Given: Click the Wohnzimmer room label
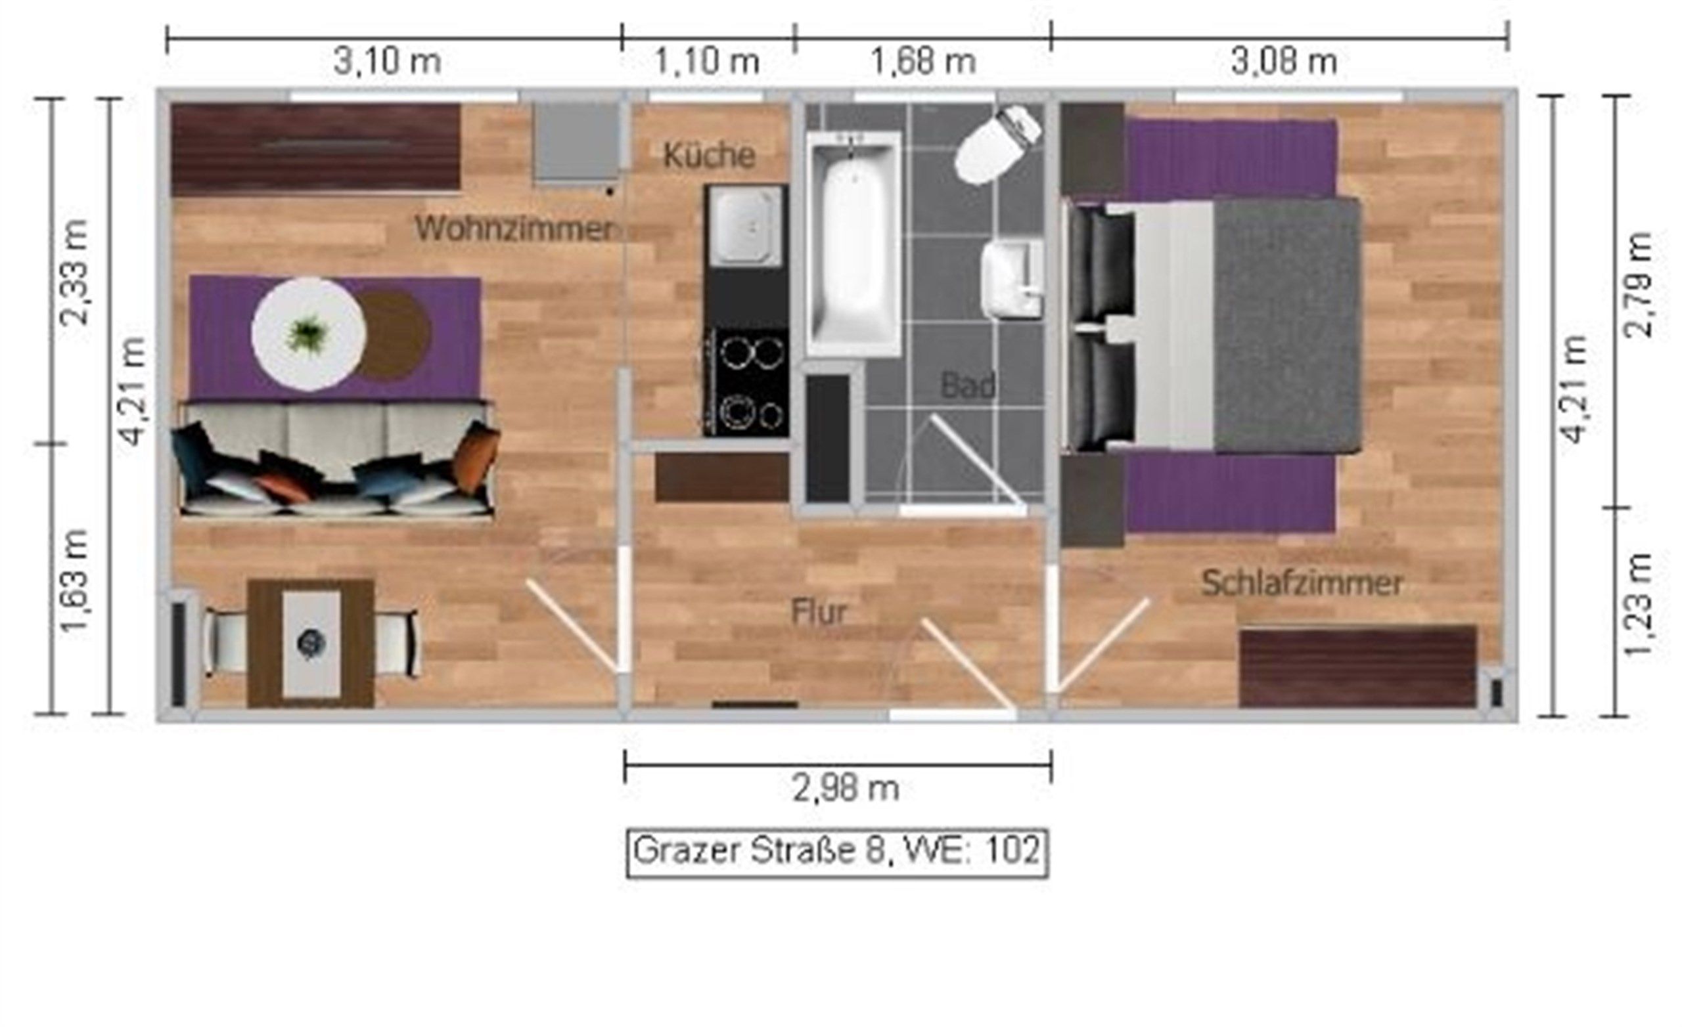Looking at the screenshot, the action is (x=516, y=229).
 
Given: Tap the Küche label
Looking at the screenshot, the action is (x=709, y=155).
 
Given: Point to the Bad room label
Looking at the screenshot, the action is (x=967, y=385).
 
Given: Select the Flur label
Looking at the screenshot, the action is (x=819, y=612).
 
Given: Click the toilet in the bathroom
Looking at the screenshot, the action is (x=997, y=145).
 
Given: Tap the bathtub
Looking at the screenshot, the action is (x=853, y=244).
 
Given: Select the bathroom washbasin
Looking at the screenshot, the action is (x=1012, y=279).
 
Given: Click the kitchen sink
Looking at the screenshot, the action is (x=746, y=226).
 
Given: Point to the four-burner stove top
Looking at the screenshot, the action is (x=746, y=383).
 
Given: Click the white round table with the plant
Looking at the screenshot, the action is (x=309, y=334).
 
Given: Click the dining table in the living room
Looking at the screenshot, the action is (x=311, y=643).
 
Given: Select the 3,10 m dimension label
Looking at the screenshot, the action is (x=387, y=62).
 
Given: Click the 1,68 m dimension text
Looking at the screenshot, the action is (x=922, y=62).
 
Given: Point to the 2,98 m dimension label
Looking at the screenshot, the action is (x=846, y=789).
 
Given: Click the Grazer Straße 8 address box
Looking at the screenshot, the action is (x=837, y=852).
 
